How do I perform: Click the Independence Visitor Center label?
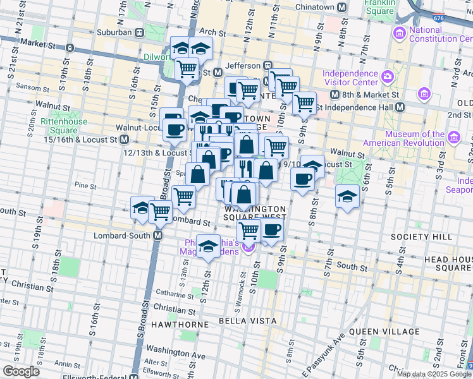tap(351, 76)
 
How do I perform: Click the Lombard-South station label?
tap(124, 235)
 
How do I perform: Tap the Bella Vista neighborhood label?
tap(247, 321)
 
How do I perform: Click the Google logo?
tap(21, 371)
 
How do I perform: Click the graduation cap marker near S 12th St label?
tap(207, 248)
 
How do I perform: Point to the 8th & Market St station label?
tap(371, 95)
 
